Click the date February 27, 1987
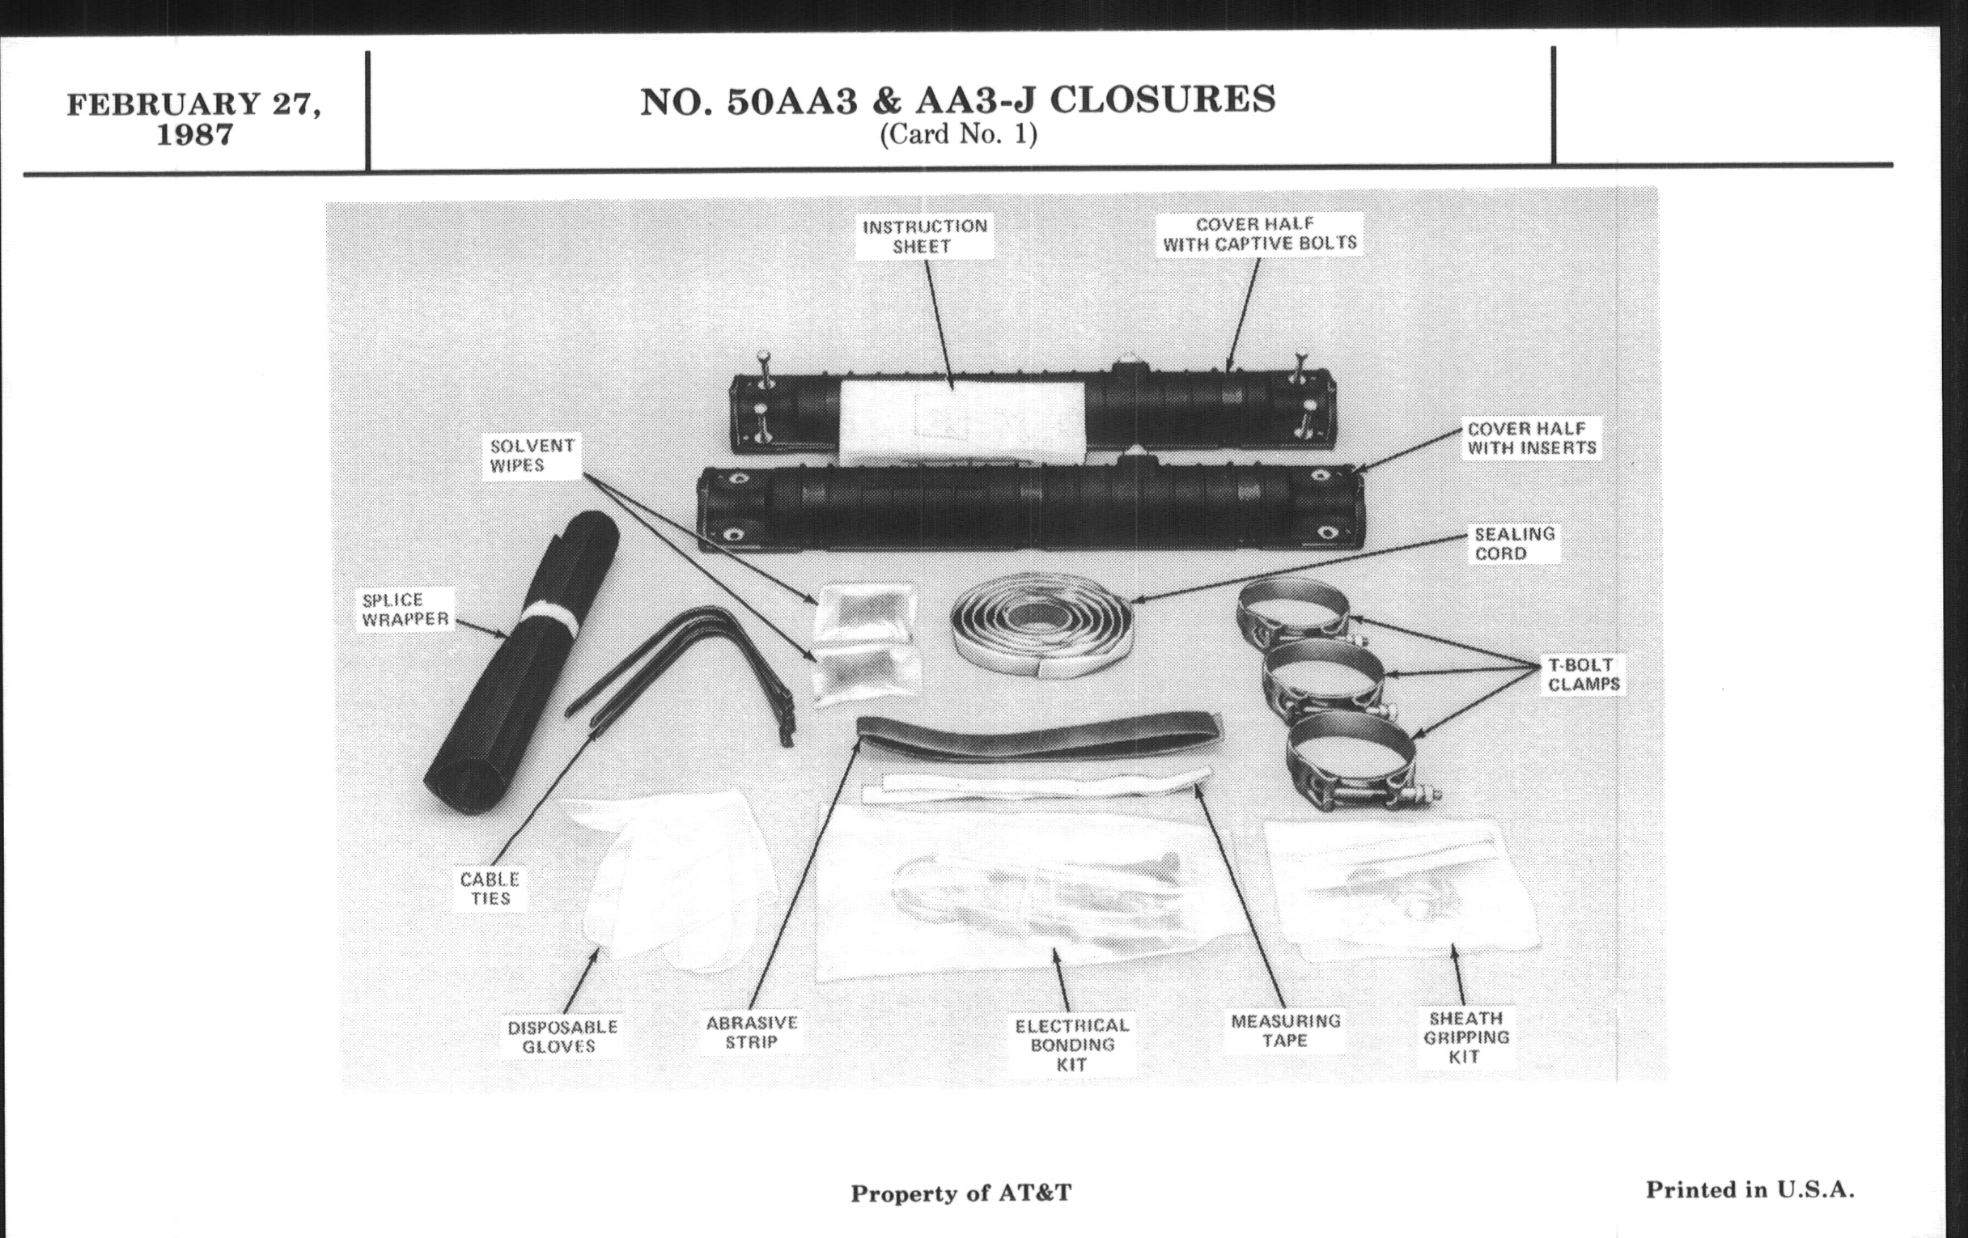coord(193,119)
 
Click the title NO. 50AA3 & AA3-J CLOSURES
coord(957,100)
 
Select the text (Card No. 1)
coord(958,134)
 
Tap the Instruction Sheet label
coord(924,236)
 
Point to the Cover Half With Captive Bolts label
coord(1259,234)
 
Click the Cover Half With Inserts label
coord(1532,438)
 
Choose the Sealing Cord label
coord(1513,544)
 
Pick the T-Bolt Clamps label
coord(1583,674)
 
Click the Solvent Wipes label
coord(532,456)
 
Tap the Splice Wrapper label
coord(405,609)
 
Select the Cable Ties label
coord(490,888)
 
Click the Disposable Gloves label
coord(562,1037)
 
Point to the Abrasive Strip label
coord(751,1032)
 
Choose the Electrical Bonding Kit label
coord(1071,1045)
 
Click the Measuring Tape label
coord(1286,1030)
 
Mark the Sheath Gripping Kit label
coord(1465,1037)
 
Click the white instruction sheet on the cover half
coord(962,422)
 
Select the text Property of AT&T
coord(961,1193)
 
